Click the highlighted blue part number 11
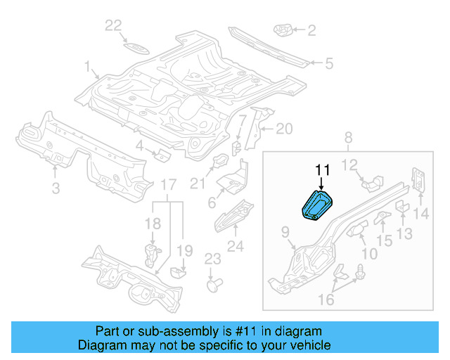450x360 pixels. pos(316,205)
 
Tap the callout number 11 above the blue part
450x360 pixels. pos(322,170)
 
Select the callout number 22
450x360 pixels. pos(113,26)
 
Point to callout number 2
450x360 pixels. pos(311,30)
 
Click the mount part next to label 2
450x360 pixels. pos(283,30)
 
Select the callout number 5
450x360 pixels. pos(328,64)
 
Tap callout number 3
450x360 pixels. pos(56,188)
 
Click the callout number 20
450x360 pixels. pos(283,128)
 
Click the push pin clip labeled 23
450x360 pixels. pos(214,284)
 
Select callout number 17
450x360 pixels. pos(167,184)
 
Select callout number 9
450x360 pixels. pos(285,231)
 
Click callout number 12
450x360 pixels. pos(349,165)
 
